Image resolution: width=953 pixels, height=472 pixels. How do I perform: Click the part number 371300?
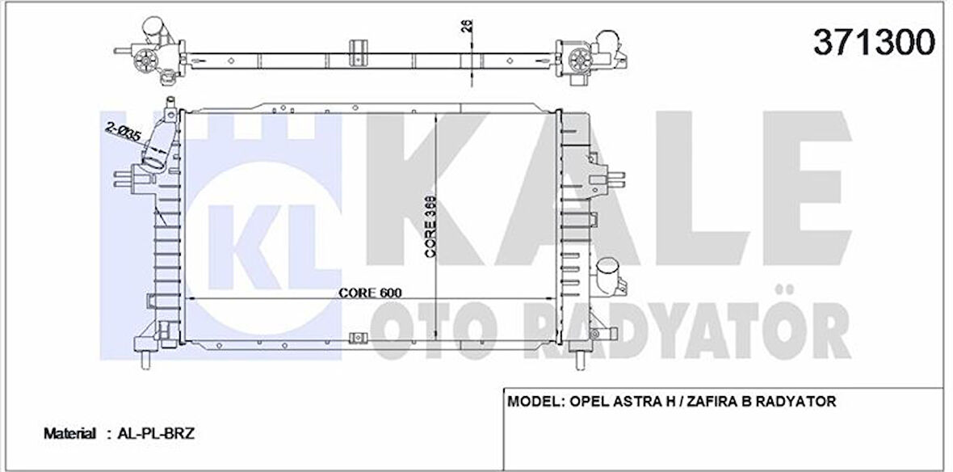pyautogui.click(x=871, y=41)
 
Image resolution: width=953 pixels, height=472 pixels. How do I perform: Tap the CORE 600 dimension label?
pyautogui.click(x=370, y=292)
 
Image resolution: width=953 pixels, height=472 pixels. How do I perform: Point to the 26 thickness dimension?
pyautogui.click(x=466, y=26)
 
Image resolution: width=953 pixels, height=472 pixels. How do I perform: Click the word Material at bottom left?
pyautogui.click(x=69, y=434)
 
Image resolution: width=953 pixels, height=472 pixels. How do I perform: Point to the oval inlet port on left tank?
pyautogui.click(x=153, y=170)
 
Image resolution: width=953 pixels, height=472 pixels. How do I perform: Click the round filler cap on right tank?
pyautogui.click(x=608, y=269)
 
